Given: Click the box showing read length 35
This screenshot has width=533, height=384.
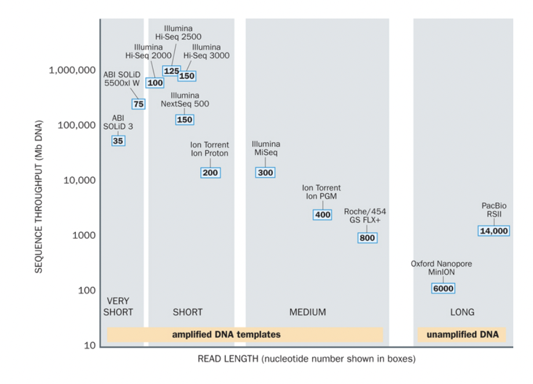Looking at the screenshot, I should [x=118, y=141].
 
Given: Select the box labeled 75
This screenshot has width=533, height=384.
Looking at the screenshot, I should [x=138, y=104].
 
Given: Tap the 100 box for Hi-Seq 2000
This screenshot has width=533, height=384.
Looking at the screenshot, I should [x=155, y=83].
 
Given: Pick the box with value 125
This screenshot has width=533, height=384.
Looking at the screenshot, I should [x=171, y=71].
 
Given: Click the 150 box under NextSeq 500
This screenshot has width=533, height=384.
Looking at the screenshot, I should [x=184, y=120].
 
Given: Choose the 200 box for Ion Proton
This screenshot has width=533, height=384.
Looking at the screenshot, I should [x=210, y=173].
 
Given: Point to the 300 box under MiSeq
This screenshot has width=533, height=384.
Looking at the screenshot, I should [x=265, y=173].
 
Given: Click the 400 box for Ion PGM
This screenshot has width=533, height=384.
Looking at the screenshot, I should [x=322, y=215].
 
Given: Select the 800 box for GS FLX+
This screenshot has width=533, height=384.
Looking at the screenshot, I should [x=367, y=238].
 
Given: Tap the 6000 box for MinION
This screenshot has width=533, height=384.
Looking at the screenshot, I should [x=443, y=289].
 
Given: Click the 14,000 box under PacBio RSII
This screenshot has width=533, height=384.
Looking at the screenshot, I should [x=494, y=231].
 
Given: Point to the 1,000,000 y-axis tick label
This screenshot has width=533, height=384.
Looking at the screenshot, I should [x=72, y=70].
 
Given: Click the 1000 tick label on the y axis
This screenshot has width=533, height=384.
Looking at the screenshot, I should [x=83, y=235].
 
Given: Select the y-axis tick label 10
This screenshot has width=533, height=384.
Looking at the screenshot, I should [x=90, y=346].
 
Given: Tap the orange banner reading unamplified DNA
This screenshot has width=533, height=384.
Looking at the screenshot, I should [x=462, y=334].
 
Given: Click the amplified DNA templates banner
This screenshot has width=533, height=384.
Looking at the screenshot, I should [x=226, y=334].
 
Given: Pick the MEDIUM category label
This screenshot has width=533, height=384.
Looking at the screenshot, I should [x=308, y=312].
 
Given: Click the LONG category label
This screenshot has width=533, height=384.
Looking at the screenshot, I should [x=462, y=312].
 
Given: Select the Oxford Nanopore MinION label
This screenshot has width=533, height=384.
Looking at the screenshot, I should [x=441, y=268].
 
